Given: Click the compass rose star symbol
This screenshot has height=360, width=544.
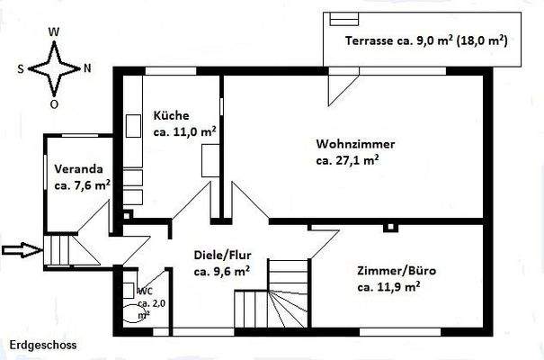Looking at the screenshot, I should (53, 67).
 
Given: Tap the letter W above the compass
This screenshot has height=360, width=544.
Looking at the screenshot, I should (53, 31).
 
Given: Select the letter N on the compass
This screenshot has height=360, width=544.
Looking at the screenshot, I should (86, 67).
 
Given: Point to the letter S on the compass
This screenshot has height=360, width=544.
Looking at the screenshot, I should (20, 67).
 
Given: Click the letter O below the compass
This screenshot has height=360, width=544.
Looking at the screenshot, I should (54, 103).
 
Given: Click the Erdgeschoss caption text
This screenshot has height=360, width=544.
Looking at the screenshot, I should (43, 345).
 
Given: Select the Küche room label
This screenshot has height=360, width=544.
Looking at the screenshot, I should (171, 116).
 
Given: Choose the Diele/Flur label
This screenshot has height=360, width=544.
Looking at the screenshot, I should (222, 254).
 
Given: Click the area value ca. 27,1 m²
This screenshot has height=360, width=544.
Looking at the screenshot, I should (346, 161).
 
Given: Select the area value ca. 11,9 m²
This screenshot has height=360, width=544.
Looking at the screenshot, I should (388, 287).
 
